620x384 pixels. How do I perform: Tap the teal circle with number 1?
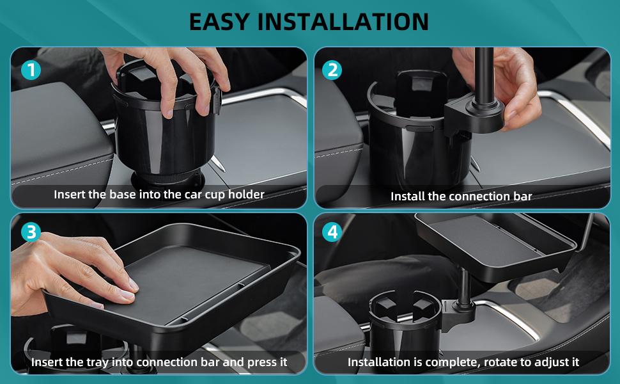pos(30,69)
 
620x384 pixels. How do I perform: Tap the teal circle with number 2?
pos(332,69)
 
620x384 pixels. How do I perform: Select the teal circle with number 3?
pos(30,232)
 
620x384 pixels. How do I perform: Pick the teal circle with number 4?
pos(332,232)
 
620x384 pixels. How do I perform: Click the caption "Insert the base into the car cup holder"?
pos(159,194)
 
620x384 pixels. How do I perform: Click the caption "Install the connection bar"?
pos(461,196)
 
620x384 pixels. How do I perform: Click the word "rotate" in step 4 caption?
pos(504,362)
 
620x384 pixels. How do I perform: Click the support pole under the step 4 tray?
pos(461,288)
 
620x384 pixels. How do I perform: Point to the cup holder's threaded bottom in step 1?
pos(157,176)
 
